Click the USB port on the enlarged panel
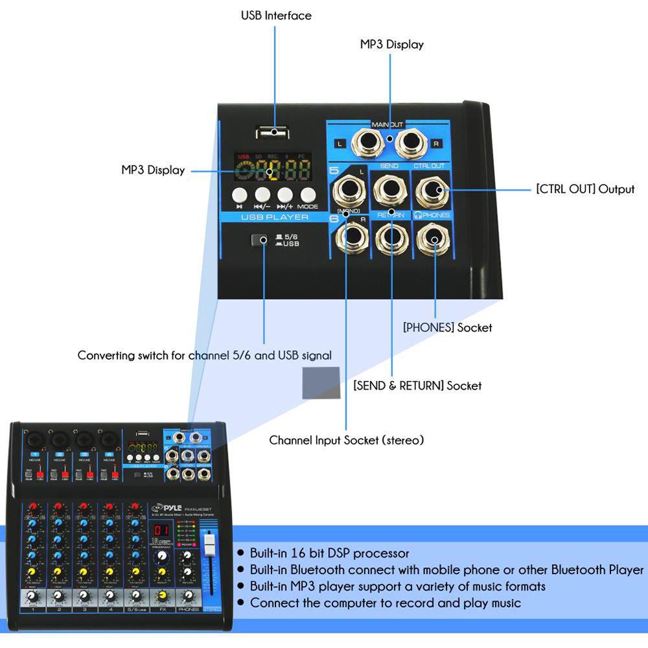click(x=273, y=132)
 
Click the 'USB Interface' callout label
click(x=276, y=15)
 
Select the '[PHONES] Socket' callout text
click(x=447, y=328)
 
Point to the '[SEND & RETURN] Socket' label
click(x=417, y=386)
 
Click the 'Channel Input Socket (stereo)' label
click(x=347, y=441)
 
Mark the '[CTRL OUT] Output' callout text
click(x=585, y=189)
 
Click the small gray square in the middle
click(x=321, y=382)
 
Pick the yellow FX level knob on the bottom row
click(x=162, y=596)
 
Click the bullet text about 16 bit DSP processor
click(x=329, y=553)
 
